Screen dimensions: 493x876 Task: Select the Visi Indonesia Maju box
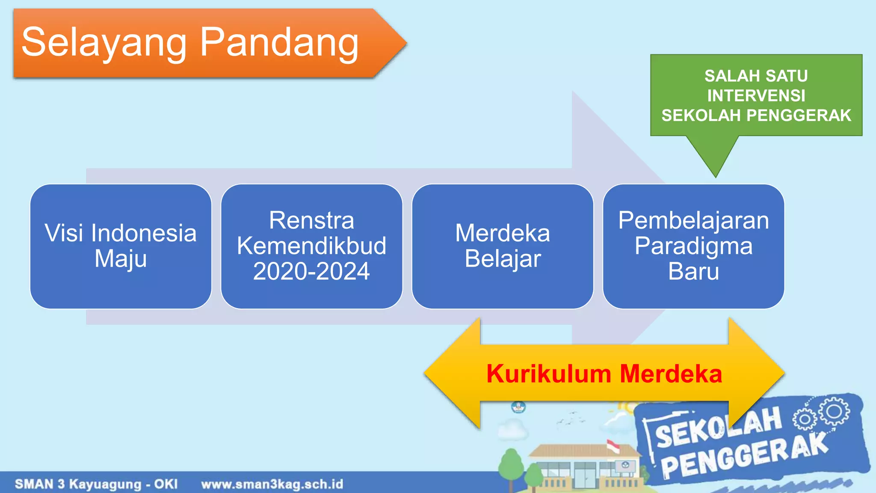pos(121,246)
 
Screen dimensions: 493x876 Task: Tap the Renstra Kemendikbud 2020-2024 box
pos(311,246)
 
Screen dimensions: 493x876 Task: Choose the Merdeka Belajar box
pos(503,246)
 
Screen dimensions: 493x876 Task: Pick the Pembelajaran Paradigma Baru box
pos(693,246)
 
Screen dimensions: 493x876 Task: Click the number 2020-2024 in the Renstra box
pos(311,271)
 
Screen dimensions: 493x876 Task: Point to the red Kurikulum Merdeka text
pos(604,374)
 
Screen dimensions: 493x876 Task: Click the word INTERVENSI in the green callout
pos(756,95)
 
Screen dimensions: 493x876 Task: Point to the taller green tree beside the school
pos(511,464)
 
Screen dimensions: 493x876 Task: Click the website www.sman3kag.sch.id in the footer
pos(272,484)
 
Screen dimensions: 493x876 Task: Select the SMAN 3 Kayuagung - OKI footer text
pos(96,484)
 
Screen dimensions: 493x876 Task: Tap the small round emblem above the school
pos(518,406)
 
